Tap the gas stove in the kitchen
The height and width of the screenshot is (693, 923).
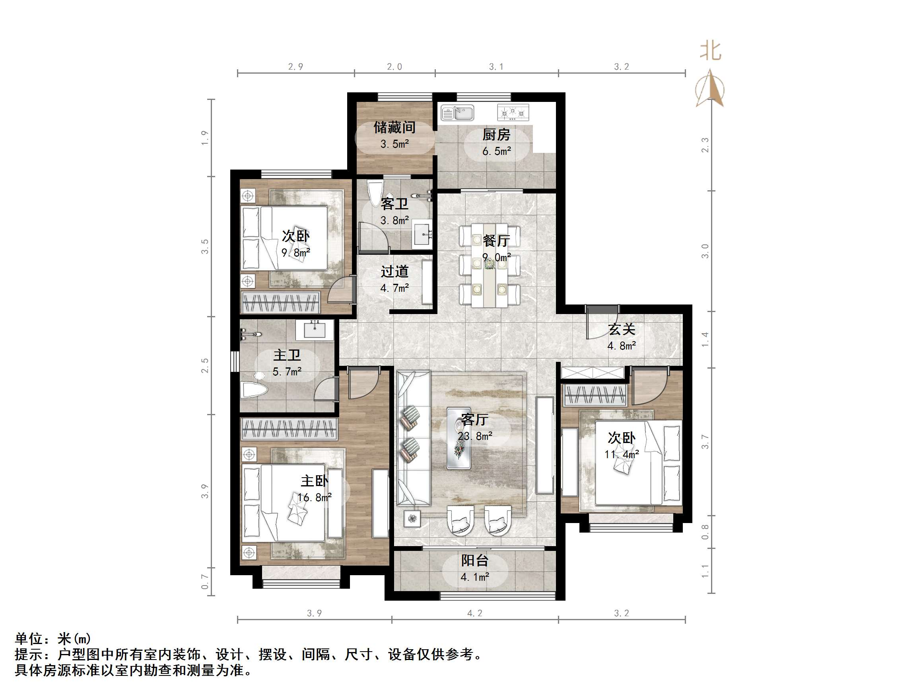[513, 112]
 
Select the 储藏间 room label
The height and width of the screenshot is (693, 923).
[394, 127]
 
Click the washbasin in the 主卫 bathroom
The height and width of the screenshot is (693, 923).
[315, 330]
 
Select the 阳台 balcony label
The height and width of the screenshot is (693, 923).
[474, 560]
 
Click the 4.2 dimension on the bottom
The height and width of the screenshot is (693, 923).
[474, 613]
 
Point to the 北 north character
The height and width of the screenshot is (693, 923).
[710, 51]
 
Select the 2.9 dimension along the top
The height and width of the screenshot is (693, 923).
[295, 67]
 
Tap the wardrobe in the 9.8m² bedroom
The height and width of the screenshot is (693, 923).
[281, 302]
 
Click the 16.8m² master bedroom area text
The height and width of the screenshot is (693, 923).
[314, 498]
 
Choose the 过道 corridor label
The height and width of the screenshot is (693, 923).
[394, 271]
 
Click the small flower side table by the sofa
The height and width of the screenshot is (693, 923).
[412, 519]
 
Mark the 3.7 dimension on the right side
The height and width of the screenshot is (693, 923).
[705, 441]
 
